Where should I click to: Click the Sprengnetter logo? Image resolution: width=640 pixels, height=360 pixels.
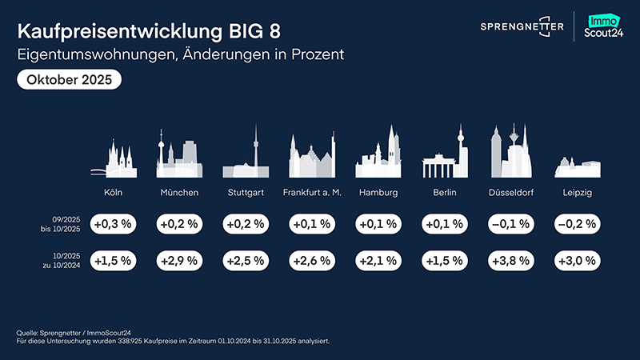(522, 27)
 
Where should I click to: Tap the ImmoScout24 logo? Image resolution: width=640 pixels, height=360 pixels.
(605, 27)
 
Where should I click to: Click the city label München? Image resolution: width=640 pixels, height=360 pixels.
(179, 193)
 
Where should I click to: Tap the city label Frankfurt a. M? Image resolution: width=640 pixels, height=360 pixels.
(311, 193)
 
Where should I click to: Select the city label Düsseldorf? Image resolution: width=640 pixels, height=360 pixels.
(511, 193)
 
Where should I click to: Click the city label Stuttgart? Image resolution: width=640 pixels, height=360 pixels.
(245, 193)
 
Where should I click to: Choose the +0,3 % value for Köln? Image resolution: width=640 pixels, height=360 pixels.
(113, 224)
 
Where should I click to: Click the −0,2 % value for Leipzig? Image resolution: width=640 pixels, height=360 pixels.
(574, 224)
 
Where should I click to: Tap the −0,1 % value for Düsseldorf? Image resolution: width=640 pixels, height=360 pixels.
(509, 224)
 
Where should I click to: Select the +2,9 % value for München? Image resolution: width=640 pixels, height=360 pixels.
(179, 260)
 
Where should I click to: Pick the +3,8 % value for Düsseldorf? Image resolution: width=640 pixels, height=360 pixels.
(509, 260)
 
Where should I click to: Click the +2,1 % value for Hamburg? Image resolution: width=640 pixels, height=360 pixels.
(377, 260)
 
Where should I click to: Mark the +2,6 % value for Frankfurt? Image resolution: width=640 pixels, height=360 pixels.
(310, 260)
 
